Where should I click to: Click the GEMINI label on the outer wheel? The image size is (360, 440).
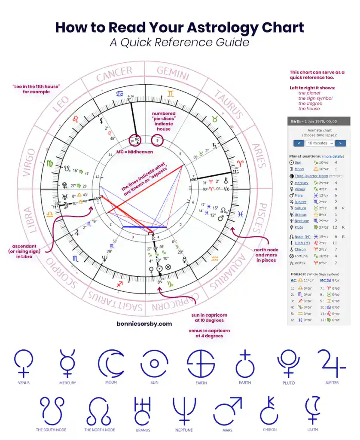pyautogui.click(x=173, y=73)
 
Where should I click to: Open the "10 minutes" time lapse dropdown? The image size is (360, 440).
pyautogui.click(x=320, y=143)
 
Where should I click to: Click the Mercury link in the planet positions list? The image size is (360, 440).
pyautogui.click(x=301, y=183)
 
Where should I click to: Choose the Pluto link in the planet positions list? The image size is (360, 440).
pyautogui.click(x=299, y=227)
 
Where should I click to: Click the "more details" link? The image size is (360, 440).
pyautogui.click(x=333, y=156)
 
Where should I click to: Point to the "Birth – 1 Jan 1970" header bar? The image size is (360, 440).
pyautogui.click(x=318, y=122)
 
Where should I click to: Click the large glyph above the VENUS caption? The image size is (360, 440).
pyautogui.click(x=24, y=364)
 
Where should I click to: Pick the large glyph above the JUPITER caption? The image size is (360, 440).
pyautogui.click(x=331, y=364)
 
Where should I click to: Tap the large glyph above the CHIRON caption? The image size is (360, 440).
pyautogui.click(x=270, y=411)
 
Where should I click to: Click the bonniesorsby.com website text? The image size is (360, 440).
pyautogui.click(x=144, y=324)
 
